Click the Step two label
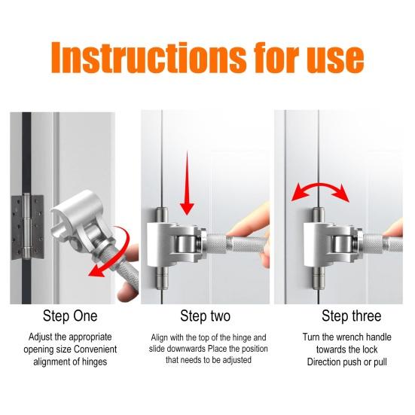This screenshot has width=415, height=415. (x=205, y=316)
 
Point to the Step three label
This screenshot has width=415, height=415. (x=351, y=316)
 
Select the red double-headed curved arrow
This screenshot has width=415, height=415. (x=321, y=190)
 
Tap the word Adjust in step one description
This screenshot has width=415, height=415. (x=41, y=337)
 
